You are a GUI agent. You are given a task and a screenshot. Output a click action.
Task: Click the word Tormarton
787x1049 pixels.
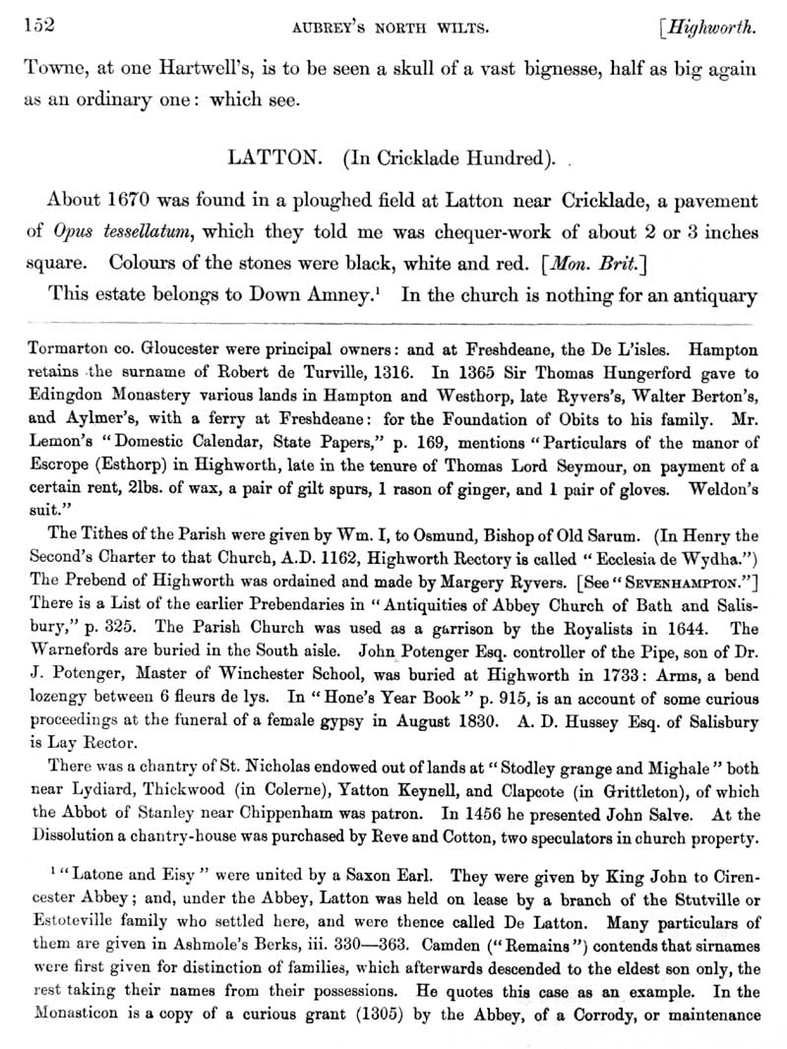(x=75, y=348)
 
